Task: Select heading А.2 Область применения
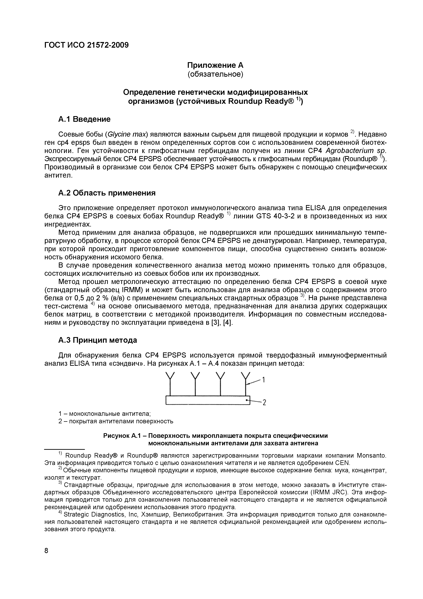(107, 193)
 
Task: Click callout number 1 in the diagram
(264, 380)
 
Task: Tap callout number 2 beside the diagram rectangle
(264, 403)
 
